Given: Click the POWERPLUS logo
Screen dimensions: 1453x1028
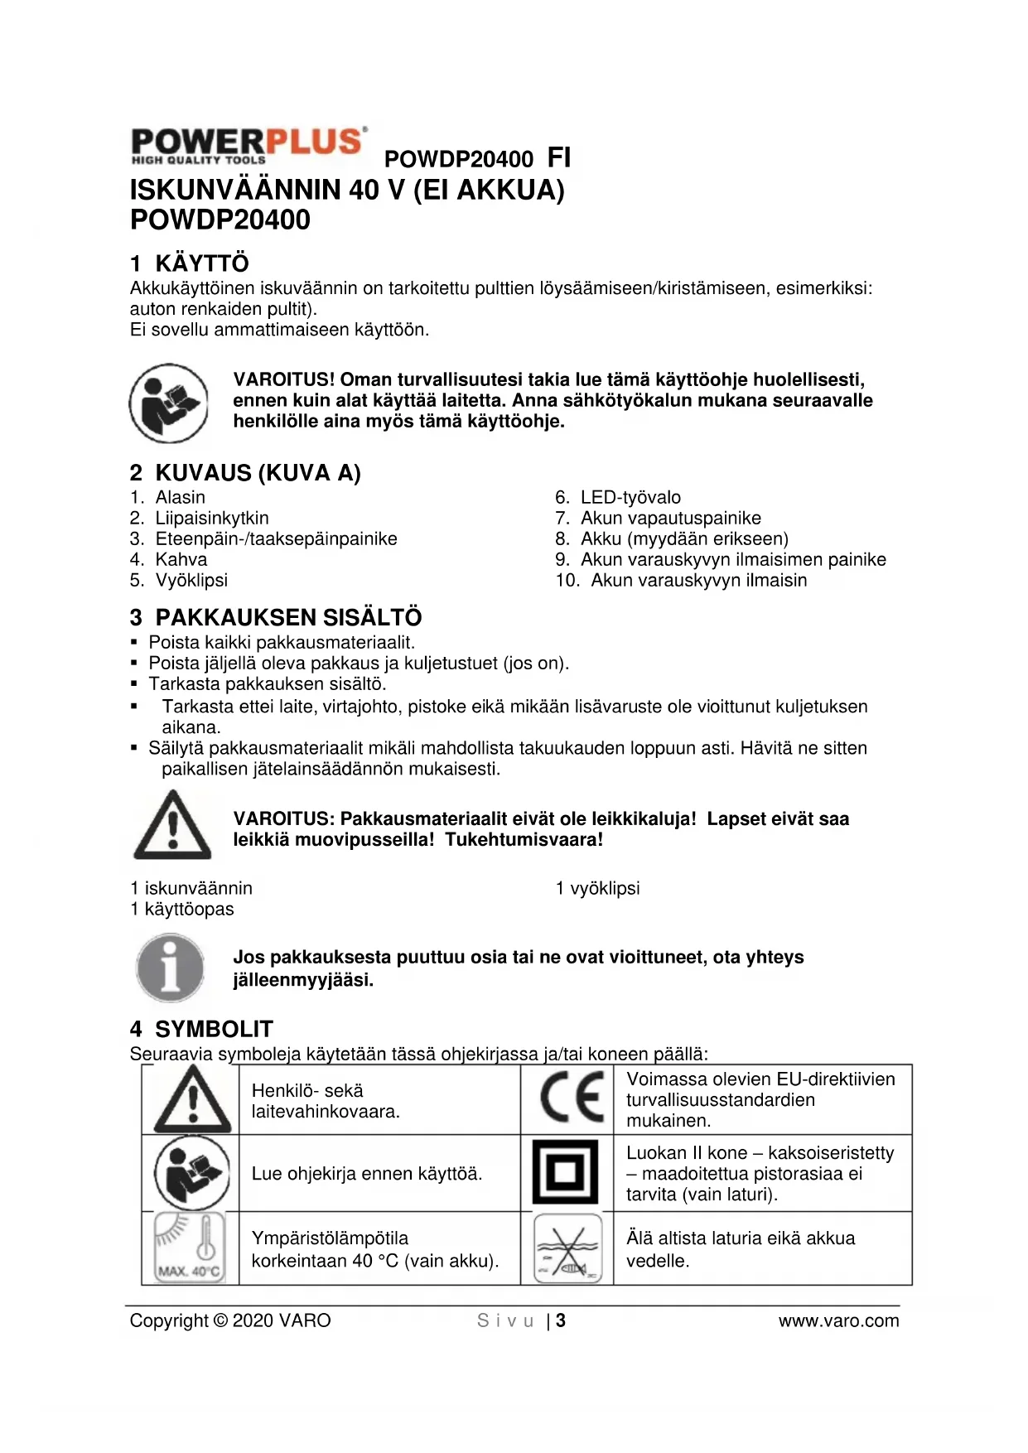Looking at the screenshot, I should (x=248, y=146).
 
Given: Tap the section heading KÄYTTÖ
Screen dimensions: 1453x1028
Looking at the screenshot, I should (x=201, y=263).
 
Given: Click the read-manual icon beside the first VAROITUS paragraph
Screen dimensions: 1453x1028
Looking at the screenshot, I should (x=169, y=403).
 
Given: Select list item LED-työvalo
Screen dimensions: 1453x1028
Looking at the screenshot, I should (x=630, y=497).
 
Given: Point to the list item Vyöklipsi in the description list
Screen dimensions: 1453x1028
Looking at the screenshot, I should (x=191, y=580).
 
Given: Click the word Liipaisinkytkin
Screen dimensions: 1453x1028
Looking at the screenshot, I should (x=211, y=518).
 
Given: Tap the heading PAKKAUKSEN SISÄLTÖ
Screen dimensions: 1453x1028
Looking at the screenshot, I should (x=288, y=617).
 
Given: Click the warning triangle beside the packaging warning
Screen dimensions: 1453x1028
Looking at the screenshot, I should (x=172, y=826).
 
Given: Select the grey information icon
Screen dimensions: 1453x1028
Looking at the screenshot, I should (x=170, y=968).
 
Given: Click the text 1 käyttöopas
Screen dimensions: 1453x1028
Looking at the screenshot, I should (x=182, y=909).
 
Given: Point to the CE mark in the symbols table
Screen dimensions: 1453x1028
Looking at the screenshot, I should (x=570, y=1097).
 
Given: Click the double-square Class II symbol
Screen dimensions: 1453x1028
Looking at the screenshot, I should (x=565, y=1172).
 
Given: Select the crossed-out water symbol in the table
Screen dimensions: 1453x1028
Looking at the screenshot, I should (x=567, y=1248).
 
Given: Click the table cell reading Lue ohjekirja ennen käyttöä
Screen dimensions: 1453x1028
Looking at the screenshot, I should (x=366, y=1173).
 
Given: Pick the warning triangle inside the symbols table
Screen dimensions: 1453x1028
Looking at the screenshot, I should (x=192, y=1099).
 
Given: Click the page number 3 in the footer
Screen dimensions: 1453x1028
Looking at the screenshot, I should (x=561, y=1320).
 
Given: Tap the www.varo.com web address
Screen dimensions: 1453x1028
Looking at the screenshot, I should (x=838, y=1320).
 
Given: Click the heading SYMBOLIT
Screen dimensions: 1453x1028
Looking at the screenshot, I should (x=214, y=1029).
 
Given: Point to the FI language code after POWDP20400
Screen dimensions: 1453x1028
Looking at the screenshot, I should (x=559, y=157).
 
